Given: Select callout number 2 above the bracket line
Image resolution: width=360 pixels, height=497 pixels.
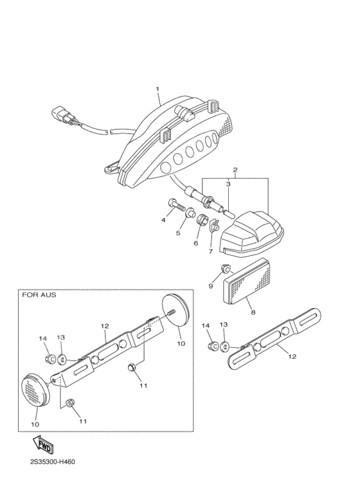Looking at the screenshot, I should pyautogui.click(x=235, y=170).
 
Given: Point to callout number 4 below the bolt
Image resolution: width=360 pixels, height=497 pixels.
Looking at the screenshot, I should pyautogui.click(x=163, y=220).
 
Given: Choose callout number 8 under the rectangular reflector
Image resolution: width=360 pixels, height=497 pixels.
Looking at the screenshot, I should pyautogui.click(x=252, y=312).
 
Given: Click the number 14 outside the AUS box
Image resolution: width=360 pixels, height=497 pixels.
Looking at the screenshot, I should pyautogui.click(x=206, y=325).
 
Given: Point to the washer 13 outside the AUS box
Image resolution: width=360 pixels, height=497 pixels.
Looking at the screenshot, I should pyautogui.click(x=224, y=347).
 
